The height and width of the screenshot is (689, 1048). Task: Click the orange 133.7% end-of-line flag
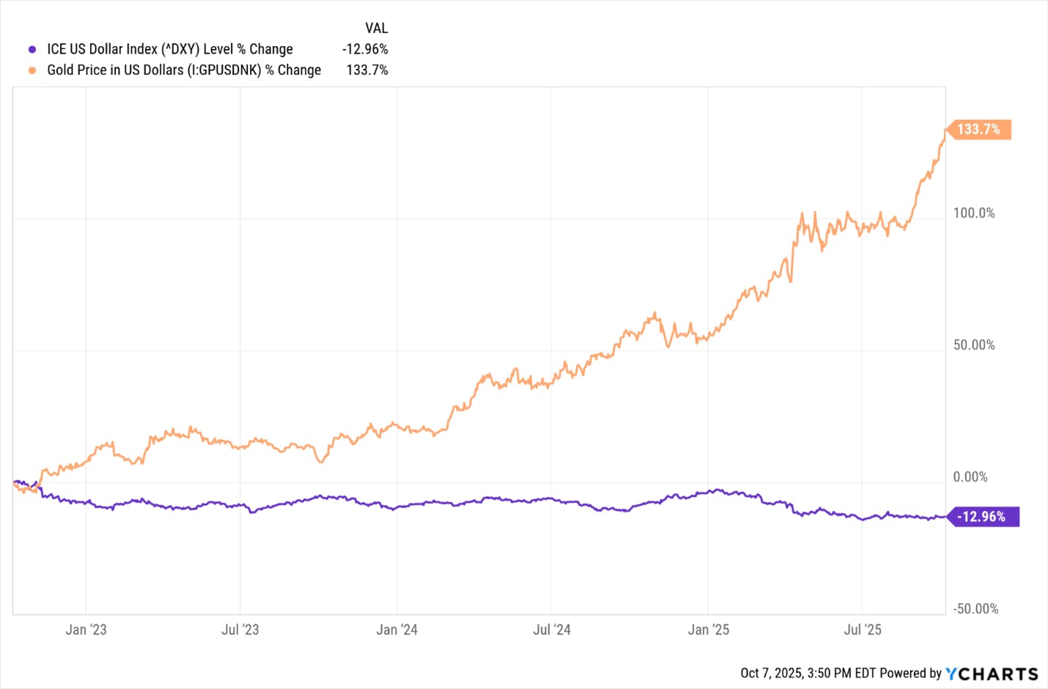click(978, 130)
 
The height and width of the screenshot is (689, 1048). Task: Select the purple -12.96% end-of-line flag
click(982, 517)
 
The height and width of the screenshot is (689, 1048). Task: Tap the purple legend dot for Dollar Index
click(32, 50)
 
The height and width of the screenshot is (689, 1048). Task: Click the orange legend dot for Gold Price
click(32, 70)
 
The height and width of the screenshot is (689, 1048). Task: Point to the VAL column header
click(377, 29)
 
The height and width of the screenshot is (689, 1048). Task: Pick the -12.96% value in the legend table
click(365, 49)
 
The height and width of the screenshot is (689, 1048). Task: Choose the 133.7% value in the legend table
click(367, 70)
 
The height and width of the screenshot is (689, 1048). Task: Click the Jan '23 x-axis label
click(86, 630)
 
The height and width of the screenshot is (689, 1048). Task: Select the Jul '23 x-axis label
click(240, 630)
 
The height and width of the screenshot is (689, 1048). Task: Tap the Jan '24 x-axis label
click(396, 630)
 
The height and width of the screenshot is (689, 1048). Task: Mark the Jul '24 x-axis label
click(552, 630)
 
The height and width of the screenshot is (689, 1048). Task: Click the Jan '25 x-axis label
click(708, 630)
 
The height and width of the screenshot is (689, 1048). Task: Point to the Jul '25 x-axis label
click(863, 630)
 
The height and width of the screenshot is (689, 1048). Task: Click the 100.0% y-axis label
click(974, 213)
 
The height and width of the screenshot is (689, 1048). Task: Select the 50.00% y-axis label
click(974, 345)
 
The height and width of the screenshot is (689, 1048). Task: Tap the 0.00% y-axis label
click(970, 477)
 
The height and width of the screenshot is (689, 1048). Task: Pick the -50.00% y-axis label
click(975, 609)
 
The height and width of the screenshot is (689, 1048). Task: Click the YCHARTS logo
click(992, 674)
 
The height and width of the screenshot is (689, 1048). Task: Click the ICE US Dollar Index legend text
click(170, 49)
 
